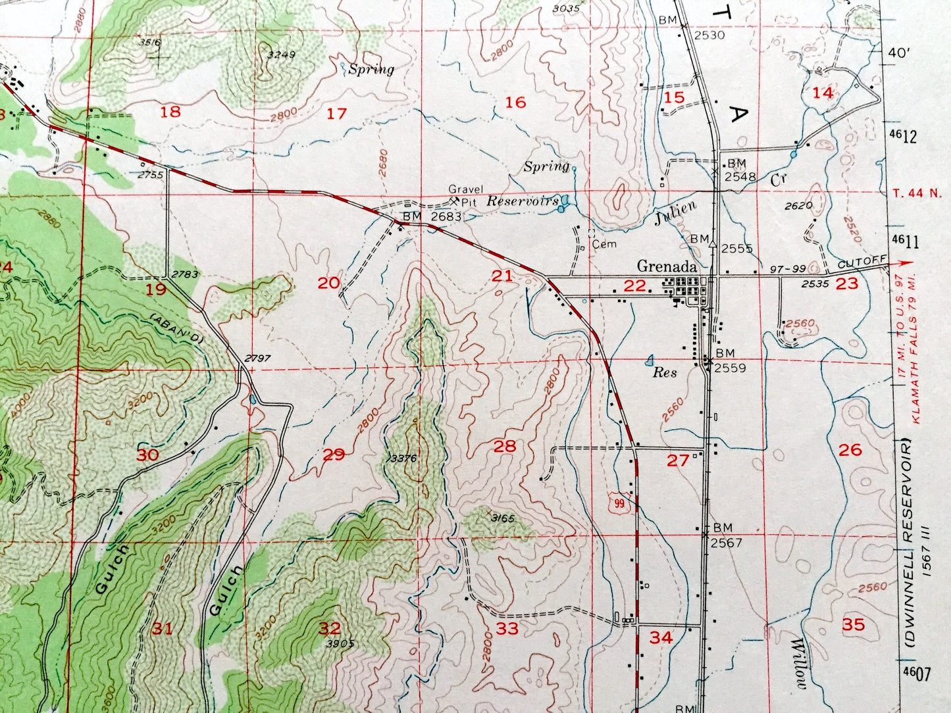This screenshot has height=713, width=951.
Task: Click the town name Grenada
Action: (667, 267)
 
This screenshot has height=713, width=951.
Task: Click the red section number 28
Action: (505, 447)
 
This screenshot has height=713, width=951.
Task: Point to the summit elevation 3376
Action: (403, 458)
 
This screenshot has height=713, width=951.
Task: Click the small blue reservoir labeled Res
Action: (650, 360)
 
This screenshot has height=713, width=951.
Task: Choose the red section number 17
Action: (336, 114)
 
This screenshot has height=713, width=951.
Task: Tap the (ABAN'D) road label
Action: (176, 326)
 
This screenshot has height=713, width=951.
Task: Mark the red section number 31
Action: (162, 629)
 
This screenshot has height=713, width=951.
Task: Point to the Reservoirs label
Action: (523, 201)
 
